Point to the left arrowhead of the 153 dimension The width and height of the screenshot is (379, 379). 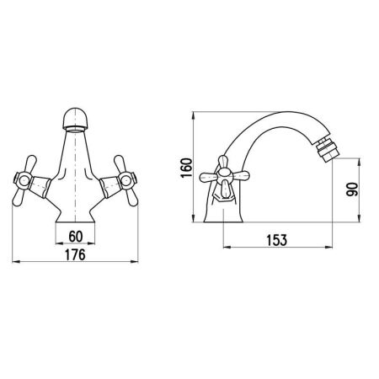pyautogui.click(x=225, y=249)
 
